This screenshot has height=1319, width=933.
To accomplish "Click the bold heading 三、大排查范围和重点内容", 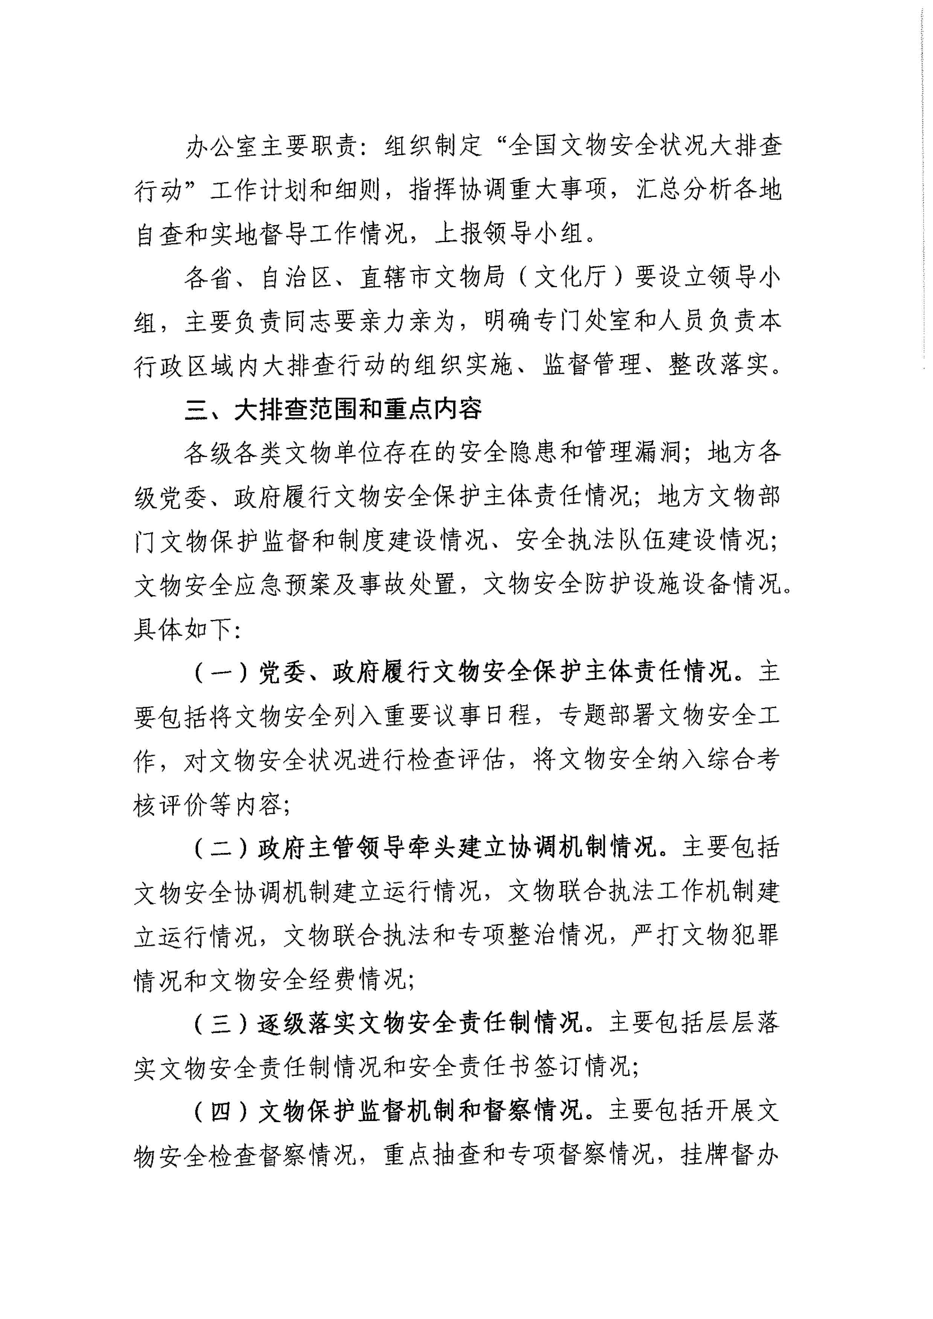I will pos(333,410).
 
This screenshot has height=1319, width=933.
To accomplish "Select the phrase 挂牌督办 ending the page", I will pos(730,1155).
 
